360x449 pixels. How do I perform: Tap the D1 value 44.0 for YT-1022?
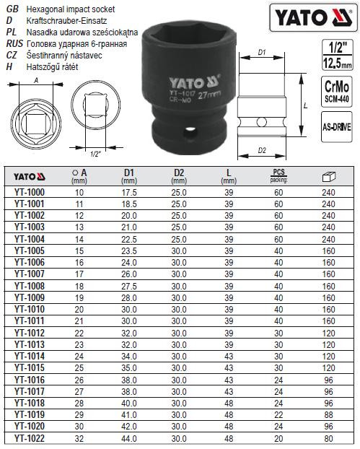pyautogui.click(x=129, y=437)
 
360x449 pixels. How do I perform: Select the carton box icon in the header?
pyautogui.click(x=328, y=175)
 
